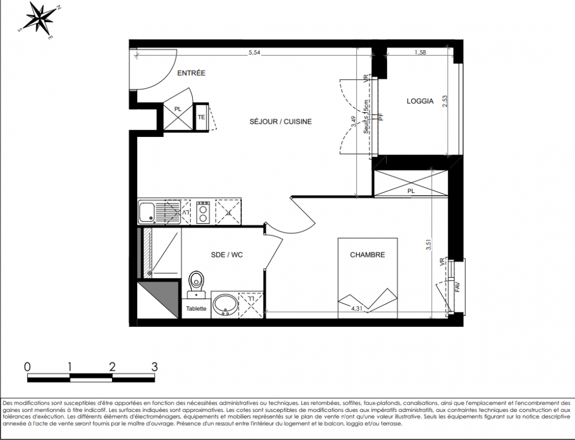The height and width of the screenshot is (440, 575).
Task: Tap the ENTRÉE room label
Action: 191,73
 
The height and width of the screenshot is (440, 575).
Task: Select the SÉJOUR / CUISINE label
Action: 281,122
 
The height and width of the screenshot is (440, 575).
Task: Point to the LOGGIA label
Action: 420,101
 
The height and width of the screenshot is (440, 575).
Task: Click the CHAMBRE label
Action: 367,255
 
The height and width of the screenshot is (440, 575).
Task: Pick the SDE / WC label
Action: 227,255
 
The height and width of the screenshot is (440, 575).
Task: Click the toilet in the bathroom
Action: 197,285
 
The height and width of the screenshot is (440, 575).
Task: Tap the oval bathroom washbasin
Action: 225,305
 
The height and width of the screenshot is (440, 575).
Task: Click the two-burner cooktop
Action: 203,212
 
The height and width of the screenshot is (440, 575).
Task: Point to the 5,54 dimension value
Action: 254,52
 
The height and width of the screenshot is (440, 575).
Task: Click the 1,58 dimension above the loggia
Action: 420,52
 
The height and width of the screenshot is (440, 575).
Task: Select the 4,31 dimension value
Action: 356,309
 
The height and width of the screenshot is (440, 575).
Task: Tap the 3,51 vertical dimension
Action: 429,245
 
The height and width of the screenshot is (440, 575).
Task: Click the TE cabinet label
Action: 202,117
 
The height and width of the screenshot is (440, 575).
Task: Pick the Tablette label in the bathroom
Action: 196,309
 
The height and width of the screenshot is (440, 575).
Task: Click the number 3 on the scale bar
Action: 154,366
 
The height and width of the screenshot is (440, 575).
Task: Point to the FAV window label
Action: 457,287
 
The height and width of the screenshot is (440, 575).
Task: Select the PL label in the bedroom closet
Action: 411,191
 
